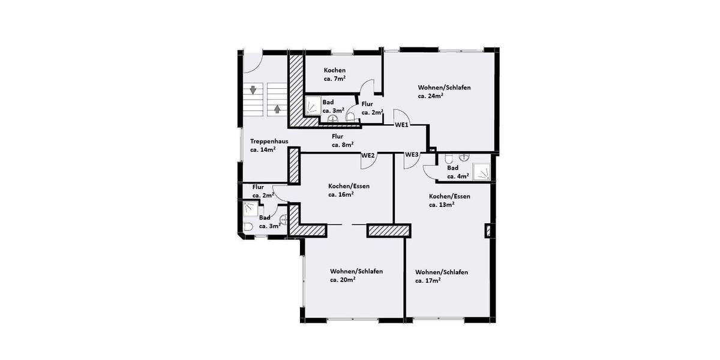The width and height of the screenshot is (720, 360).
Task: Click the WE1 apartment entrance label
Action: pyautogui.click(x=401, y=125)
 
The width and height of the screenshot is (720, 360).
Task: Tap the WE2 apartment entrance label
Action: pyautogui.click(x=368, y=155)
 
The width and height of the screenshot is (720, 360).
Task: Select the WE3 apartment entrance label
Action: pyautogui.click(x=412, y=155)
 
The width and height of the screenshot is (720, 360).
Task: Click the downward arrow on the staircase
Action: pyautogui.click(x=254, y=91)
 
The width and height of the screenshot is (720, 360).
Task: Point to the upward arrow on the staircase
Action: pyautogui.click(x=277, y=109)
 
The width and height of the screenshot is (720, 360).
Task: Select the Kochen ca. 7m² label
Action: pyautogui.click(x=334, y=74)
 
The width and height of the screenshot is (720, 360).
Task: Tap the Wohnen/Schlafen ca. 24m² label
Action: pyautogui.click(x=444, y=91)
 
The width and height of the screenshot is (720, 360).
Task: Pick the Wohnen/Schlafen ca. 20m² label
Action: pyautogui.click(x=356, y=275)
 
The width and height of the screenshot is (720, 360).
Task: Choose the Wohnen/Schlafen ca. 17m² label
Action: pyautogui.click(x=441, y=276)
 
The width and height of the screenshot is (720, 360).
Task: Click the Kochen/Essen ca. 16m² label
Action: pyautogui.click(x=349, y=190)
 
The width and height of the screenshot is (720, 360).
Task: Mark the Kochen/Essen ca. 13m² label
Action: pyautogui.click(x=449, y=200)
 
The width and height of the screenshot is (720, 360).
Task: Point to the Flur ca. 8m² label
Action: pyautogui.click(x=343, y=140)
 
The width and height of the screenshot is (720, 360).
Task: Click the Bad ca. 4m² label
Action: pyautogui.click(x=458, y=172)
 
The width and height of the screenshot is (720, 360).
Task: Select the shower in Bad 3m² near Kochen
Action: pyautogui.click(x=313, y=107)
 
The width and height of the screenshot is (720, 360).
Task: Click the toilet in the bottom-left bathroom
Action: pyautogui.click(x=249, y=227)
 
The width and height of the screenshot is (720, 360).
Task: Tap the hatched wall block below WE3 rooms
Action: pyautogui.click(x=388, y=230)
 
